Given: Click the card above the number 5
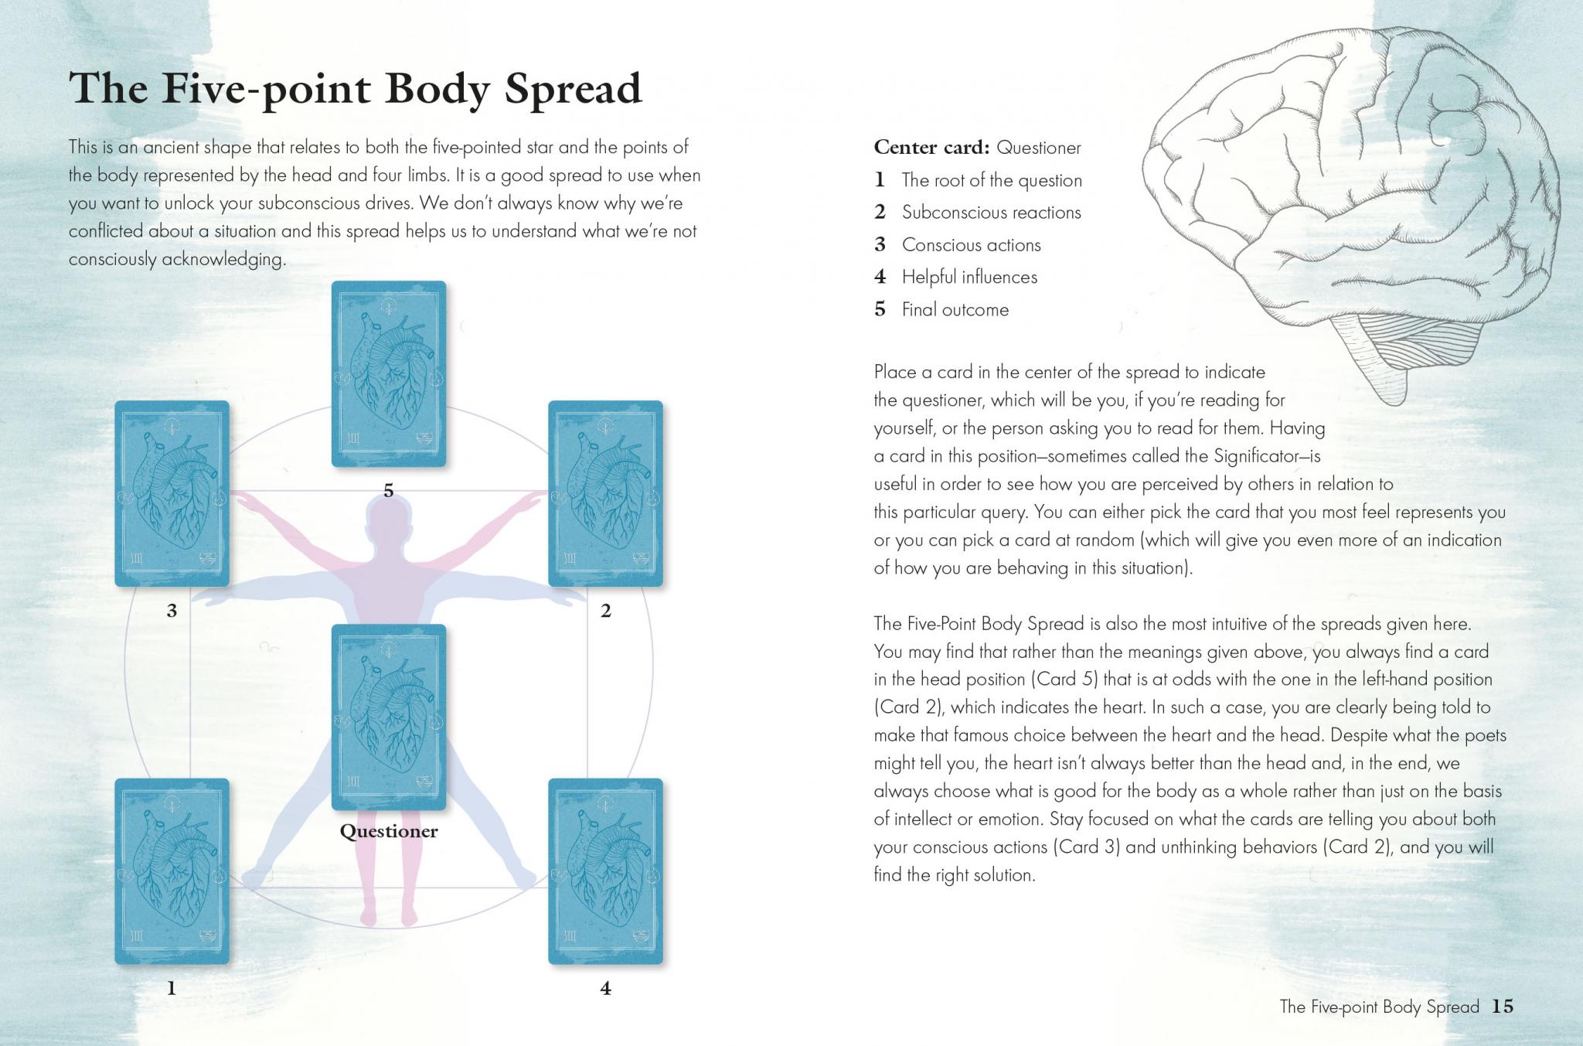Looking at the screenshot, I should [x=389, y=374].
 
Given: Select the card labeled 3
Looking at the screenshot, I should [x=172, y=493].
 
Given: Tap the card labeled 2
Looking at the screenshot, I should [x=605, y=493].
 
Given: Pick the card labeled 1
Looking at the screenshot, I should [x=172, y=871].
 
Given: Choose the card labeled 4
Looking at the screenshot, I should [x=605, y=871].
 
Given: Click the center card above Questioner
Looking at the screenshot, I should [x=389, y=717].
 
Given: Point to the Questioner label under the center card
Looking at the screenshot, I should [x=389, y=832].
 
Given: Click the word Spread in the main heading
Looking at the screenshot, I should [x=573, y=88].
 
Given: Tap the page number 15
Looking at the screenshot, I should [x=1502, y=1006].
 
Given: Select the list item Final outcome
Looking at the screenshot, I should [x=955, y=310].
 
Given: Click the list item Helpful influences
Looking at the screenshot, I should [x=969, y=278].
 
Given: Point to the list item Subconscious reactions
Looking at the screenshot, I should [x=991, y=213].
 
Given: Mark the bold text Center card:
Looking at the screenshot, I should [x=931, y=147].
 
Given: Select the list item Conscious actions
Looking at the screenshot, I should [x=971, y=245].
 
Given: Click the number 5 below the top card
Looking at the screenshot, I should [x=389, y=490].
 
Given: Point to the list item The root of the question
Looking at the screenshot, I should [x=992, y=180].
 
